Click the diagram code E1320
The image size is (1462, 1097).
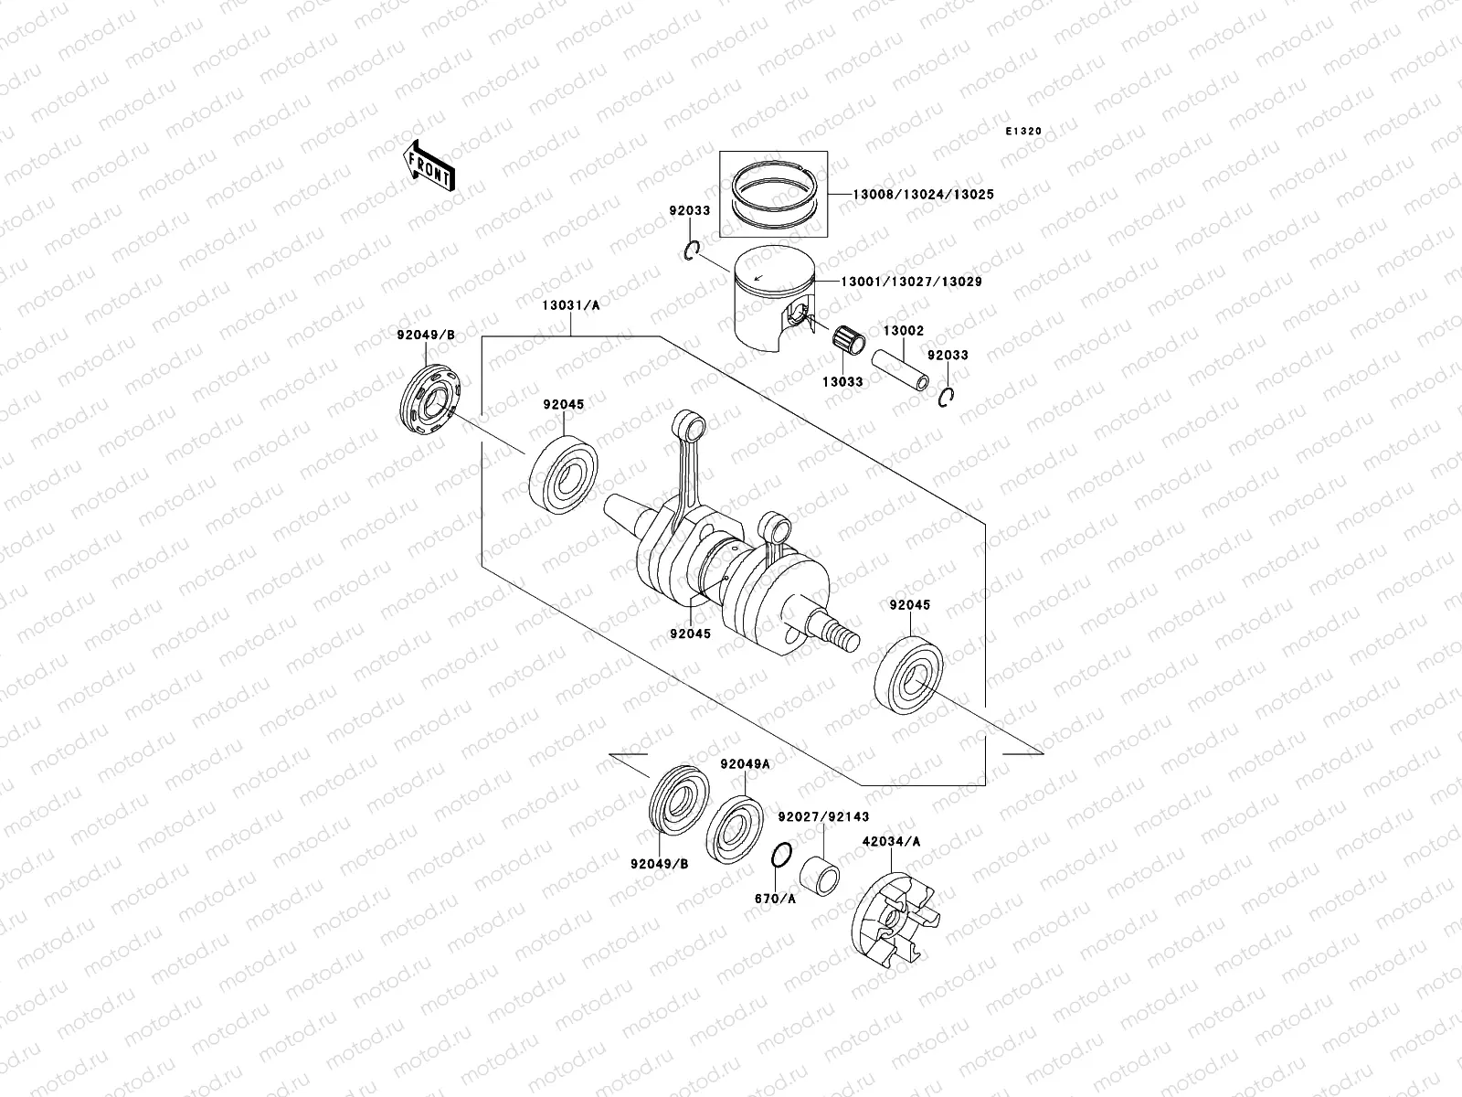pyautogui.click(x=1023, y=132)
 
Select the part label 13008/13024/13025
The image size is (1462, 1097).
pyautogui.click(x=910, y=195)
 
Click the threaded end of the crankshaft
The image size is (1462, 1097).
pyautogui.click(x=840, y=633)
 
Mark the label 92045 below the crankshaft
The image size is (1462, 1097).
pyautogui.click(x=690, y=633)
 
